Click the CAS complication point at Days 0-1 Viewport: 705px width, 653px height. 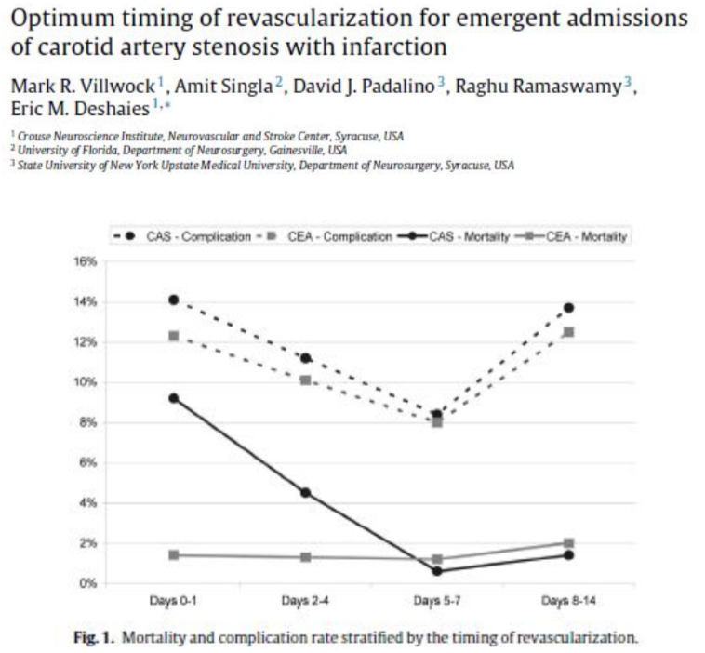point(174,300)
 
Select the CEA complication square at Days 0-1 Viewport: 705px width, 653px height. point(174,336)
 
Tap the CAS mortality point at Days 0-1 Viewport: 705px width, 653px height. point(174,398)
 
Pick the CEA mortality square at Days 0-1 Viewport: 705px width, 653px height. point(174,555)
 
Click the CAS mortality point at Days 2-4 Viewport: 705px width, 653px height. point(306,493)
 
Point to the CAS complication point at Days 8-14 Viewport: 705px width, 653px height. point(569,308)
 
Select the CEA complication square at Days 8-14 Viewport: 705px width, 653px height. point(569,332)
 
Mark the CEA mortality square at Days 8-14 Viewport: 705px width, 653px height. point(569,543)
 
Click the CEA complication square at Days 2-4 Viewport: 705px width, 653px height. point(306,380)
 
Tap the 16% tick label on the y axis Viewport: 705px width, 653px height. point(86,261)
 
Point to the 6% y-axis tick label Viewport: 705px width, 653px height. point(87,462)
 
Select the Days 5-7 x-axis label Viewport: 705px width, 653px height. point(437,601)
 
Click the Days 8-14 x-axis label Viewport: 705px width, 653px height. point(569,601)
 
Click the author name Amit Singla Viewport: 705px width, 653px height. point(223,87)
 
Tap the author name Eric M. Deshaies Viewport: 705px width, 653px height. point(80,109)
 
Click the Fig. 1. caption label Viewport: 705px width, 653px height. point(93,638)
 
